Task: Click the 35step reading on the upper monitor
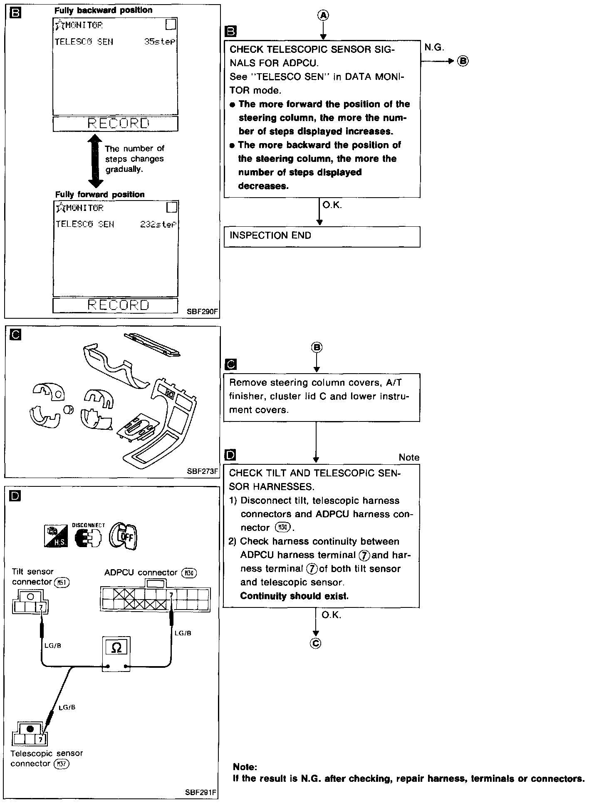click(160, 42)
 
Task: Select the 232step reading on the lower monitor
click(158, 225)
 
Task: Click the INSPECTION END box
click(322, 236)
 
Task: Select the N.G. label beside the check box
click(434, 48)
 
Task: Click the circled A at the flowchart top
click(323, 15)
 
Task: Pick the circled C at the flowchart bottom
click(316, 643)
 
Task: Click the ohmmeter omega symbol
click(117, 648)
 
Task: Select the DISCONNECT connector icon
click(88, 537)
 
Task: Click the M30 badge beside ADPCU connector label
click(189, 573)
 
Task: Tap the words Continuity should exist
click(294, 596)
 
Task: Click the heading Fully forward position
click(100, 195)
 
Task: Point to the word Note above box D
click(408, 458)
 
